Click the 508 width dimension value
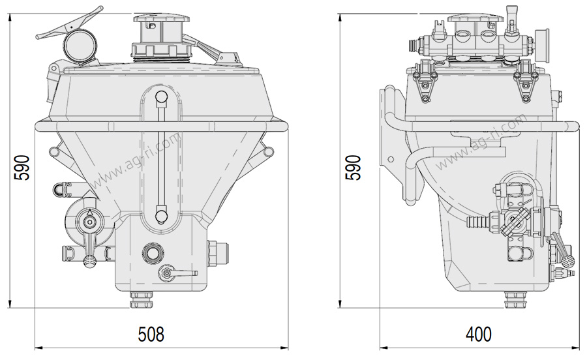151,334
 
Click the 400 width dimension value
479,334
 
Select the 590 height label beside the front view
22,167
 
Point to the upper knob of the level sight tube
161,98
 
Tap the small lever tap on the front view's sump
177,273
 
